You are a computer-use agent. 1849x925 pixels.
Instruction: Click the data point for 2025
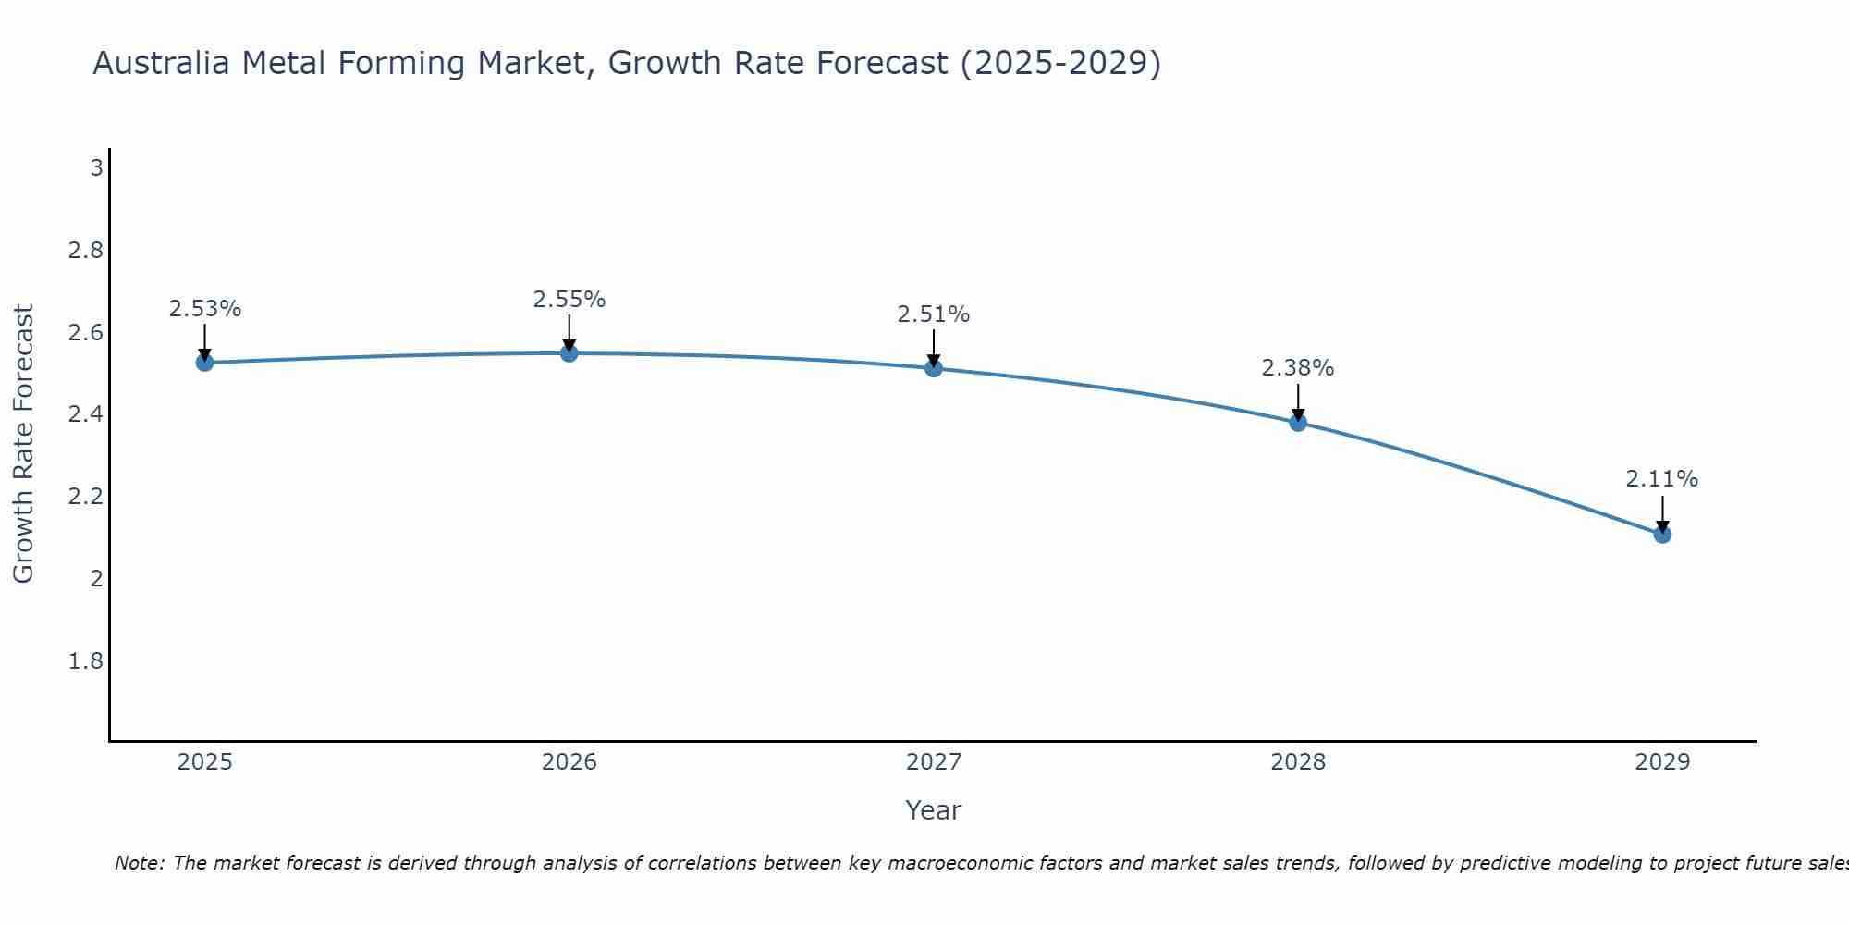click(x=204, y=363)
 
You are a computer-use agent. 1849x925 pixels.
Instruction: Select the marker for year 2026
click(x=569, y=353)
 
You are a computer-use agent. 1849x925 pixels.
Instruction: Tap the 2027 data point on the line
click(x=934, y=368)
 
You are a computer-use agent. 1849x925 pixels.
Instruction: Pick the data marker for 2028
click(x=1298, y=423)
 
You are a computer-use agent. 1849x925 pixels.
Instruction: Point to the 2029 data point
click(x=1662, y=535)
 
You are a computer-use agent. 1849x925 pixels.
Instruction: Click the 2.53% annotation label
click(x=204, y=309)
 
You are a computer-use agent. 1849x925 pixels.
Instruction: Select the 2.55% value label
click(x=569, y=300)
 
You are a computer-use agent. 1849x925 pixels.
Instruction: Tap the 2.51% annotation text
click(x=934, y=314)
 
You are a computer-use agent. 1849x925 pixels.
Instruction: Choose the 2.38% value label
click(x=1298, y=368)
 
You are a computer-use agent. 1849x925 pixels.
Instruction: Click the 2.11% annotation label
click(x=1662, y=479)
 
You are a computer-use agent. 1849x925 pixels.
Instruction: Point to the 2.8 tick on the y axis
click(x=85, y=251)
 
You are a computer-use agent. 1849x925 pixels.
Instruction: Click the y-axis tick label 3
click(x=95, y=168)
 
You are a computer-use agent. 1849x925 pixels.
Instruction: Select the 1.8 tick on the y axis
click(x=85, y=661)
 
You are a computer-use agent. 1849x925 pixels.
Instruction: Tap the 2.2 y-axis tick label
click(x=85, y=497)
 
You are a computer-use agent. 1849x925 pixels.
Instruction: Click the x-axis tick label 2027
click(x=934, y=762)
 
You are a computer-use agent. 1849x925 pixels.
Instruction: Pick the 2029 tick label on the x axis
click(x=1662, y=762)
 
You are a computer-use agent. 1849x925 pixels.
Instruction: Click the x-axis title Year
click(x=934, y=810)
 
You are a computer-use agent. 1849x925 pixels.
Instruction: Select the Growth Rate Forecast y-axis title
click(x=23, y=444)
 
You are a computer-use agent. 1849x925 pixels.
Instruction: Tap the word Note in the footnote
click(x=139, y=863)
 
